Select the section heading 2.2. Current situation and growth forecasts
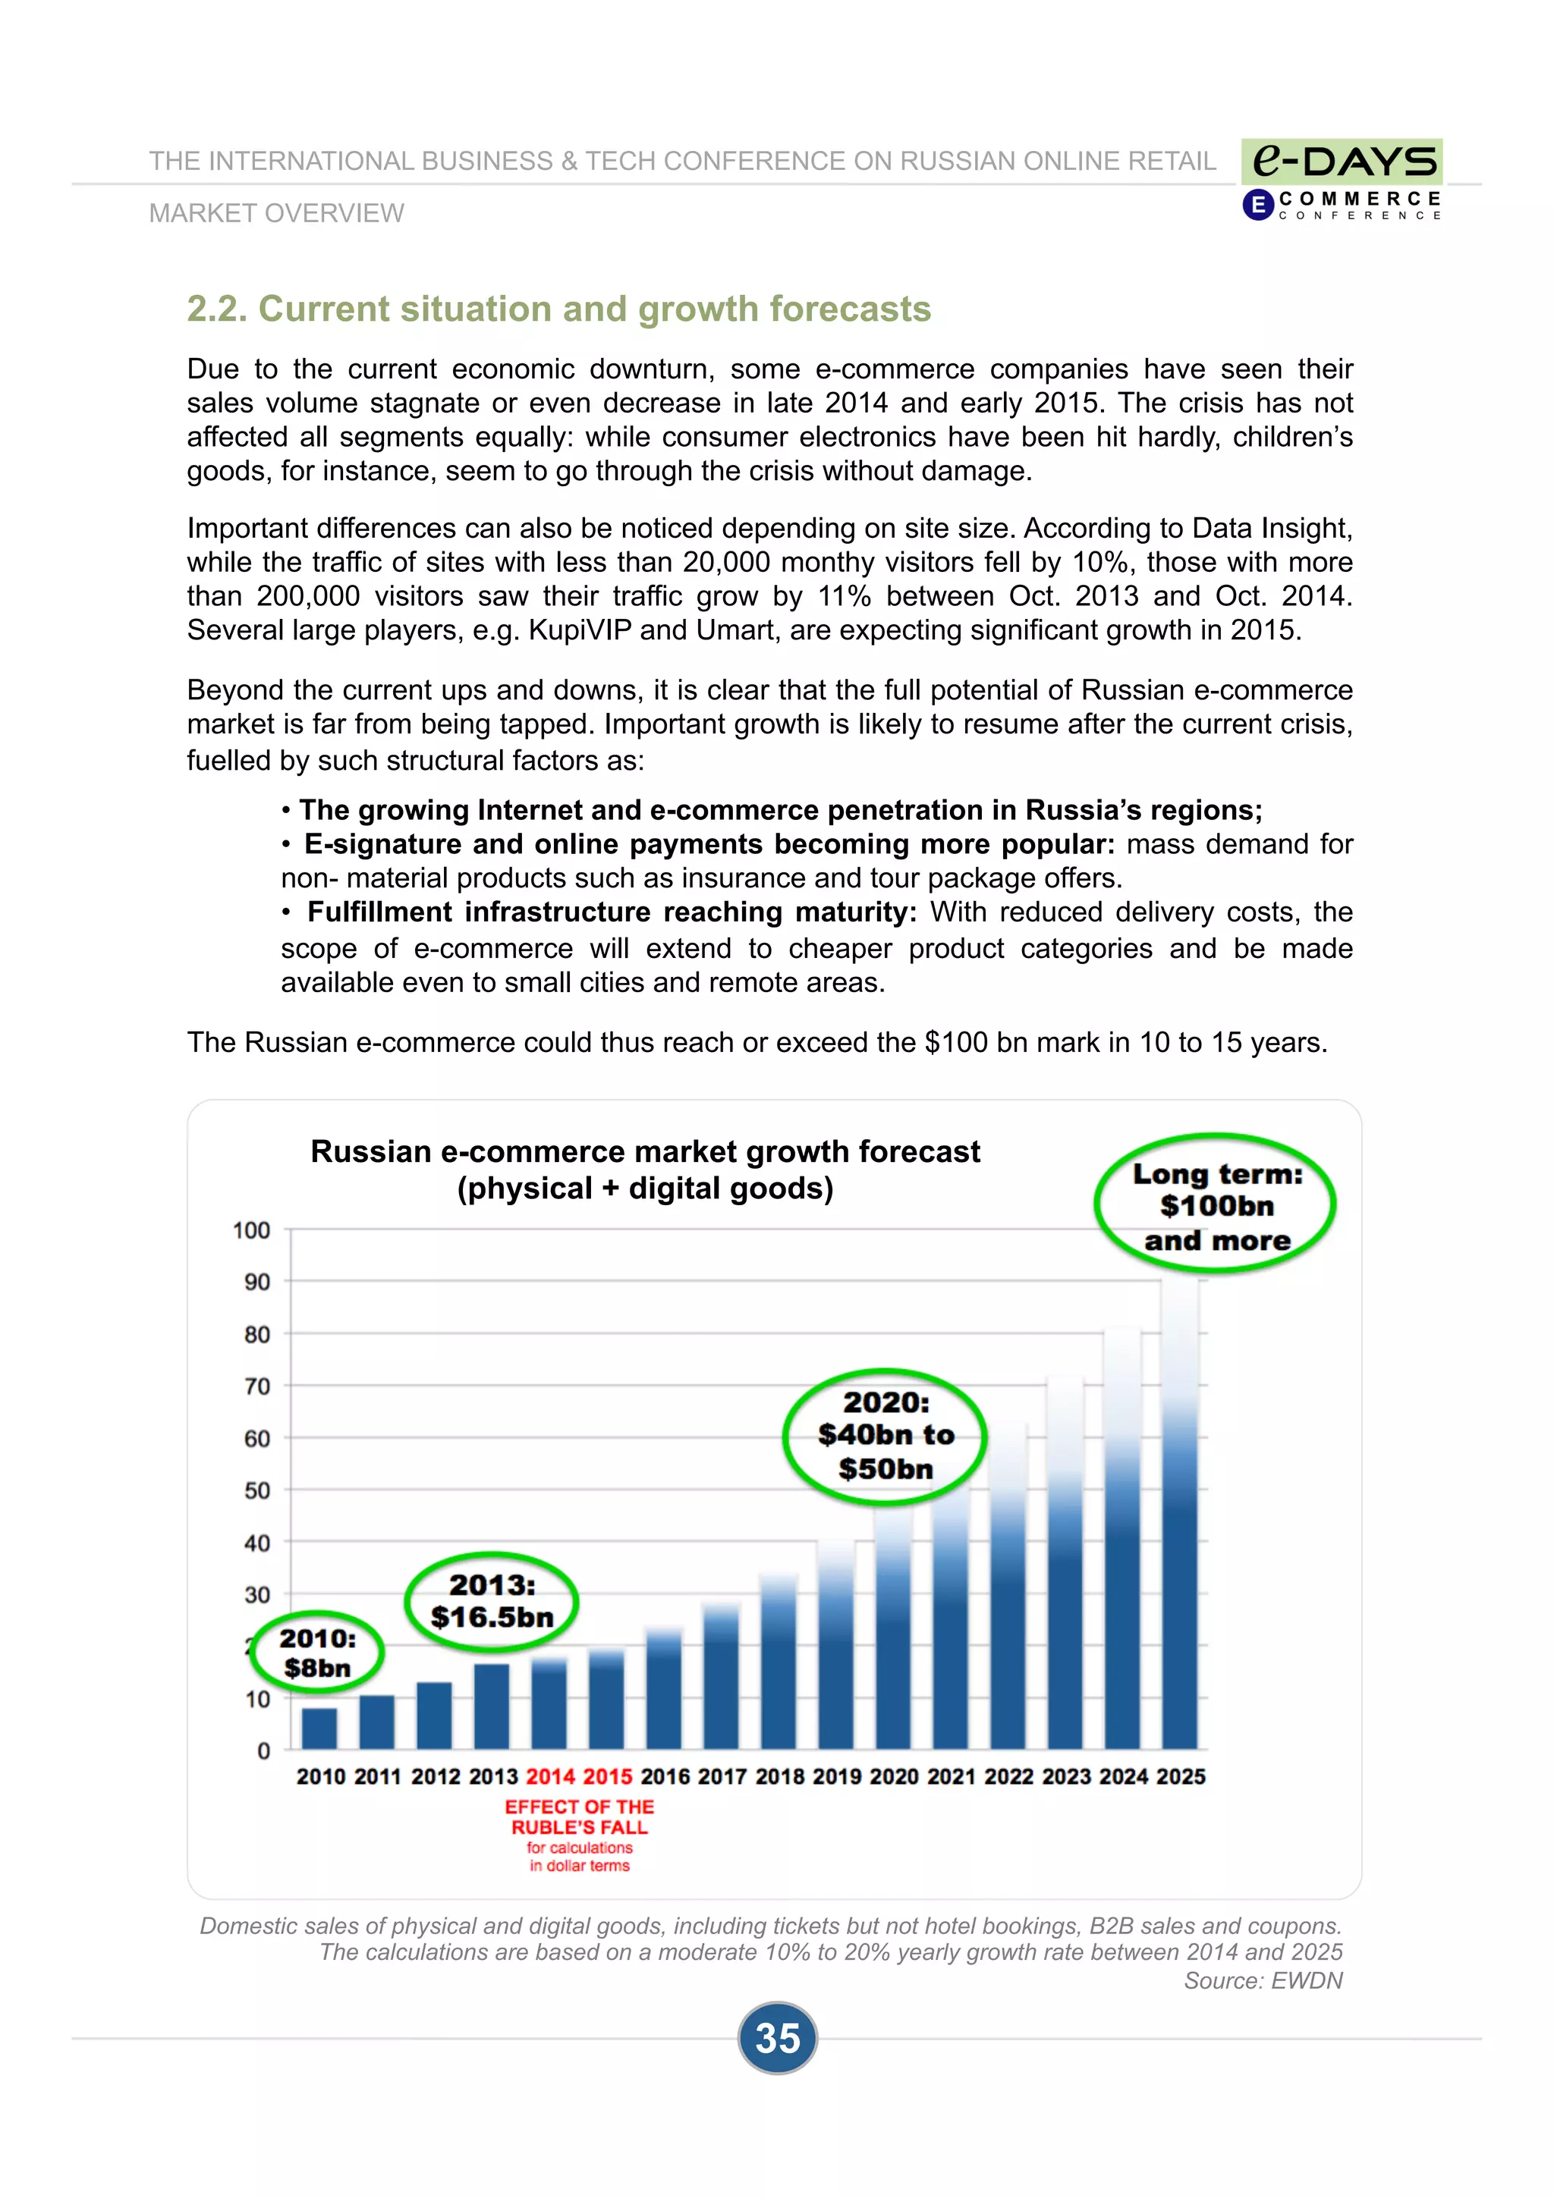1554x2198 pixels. point(558,309)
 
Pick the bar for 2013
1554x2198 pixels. point(491,1707)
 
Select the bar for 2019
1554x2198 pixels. point(835,1647)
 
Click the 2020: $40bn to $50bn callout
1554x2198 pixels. point(885,1435)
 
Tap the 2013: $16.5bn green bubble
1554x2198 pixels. point(491,1602)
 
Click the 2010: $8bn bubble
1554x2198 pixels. point(317,1653)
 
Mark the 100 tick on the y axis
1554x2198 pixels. point(251,1230)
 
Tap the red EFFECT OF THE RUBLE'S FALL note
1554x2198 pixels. point(579,1817)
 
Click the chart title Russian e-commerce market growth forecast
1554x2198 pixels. point(644,1151)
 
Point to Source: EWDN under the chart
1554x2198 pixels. point(1262,1980)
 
